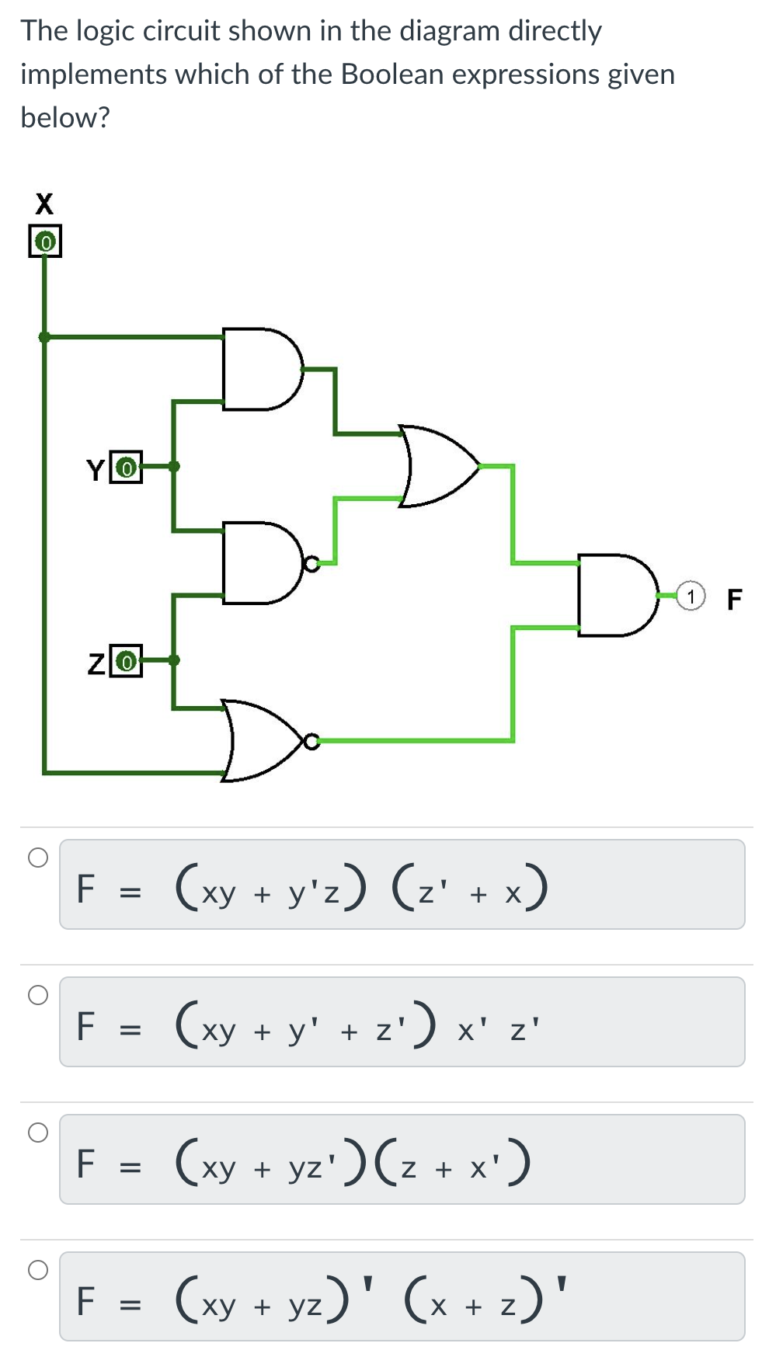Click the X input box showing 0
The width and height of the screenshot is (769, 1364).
point(45,242)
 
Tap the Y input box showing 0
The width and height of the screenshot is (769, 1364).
point(126,468)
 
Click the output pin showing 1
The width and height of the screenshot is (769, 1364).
point(691,597)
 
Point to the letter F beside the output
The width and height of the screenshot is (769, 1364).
point(734,599)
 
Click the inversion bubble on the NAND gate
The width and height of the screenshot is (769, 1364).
point(311,563)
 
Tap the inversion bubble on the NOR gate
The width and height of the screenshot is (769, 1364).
point(311,741)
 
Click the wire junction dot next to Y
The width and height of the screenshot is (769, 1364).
point(174,467)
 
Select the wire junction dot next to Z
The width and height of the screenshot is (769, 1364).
point(174,660)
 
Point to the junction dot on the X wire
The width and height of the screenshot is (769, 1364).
point(44,337)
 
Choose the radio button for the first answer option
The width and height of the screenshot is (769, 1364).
point(38,858)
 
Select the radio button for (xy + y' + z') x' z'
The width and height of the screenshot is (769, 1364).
point(38,995)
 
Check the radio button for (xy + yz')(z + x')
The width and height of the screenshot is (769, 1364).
point(38,1133)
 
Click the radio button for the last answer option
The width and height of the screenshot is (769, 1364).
point(38,1270)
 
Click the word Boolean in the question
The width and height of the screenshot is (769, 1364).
point(392,75)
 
